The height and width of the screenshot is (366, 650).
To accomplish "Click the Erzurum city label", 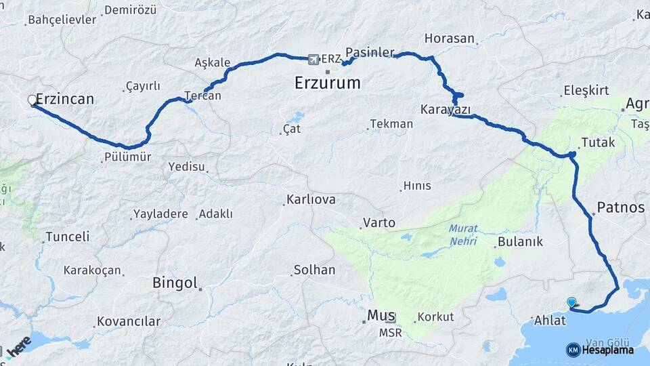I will pos(328,83).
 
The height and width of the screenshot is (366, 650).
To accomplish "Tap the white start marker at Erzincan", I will pos(32,100).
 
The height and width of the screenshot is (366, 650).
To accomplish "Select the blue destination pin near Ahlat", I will pos(571,303).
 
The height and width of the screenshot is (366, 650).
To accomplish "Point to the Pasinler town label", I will pos(370,52).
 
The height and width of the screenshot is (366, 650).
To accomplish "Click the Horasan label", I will pos(450,39).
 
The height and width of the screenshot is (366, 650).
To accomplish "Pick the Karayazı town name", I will pos(445,109).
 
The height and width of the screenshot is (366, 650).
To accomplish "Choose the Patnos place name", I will pos(621,207).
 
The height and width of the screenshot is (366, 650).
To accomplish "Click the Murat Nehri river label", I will pos(463,235).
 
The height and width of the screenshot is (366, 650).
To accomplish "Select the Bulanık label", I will pos(520,242).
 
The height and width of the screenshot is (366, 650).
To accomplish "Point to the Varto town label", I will pos(379,222).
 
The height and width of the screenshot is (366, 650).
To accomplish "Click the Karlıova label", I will pos(311,201).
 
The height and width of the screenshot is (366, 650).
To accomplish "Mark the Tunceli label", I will pos(67,237).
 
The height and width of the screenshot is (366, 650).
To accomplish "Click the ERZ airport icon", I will pos(313,59).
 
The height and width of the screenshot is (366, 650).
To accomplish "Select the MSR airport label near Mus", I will pos(390,333).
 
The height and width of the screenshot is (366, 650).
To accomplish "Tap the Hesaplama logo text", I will pos(607,350).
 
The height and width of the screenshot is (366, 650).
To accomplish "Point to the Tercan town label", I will pos(203,96).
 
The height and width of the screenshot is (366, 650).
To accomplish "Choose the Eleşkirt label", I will pos(586,91).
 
